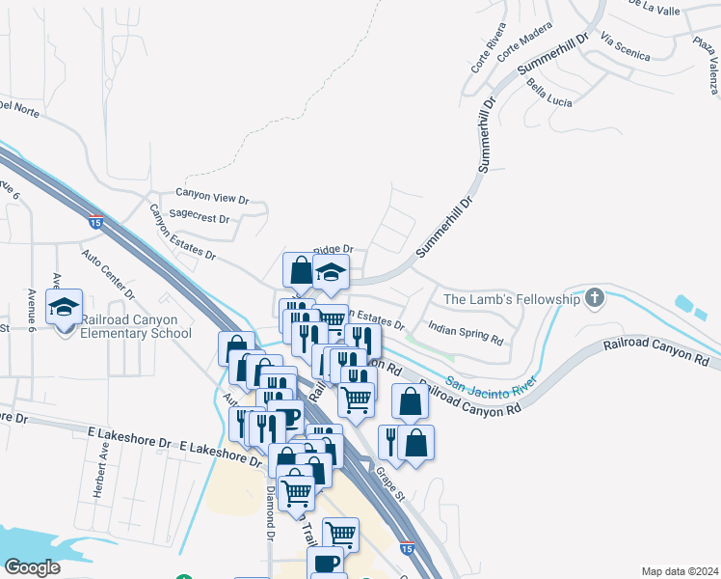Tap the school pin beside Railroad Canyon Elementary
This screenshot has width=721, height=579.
tap(65, 309)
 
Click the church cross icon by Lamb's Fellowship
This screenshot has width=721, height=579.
tap(594, 298)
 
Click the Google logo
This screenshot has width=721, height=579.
tap(32, 567)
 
